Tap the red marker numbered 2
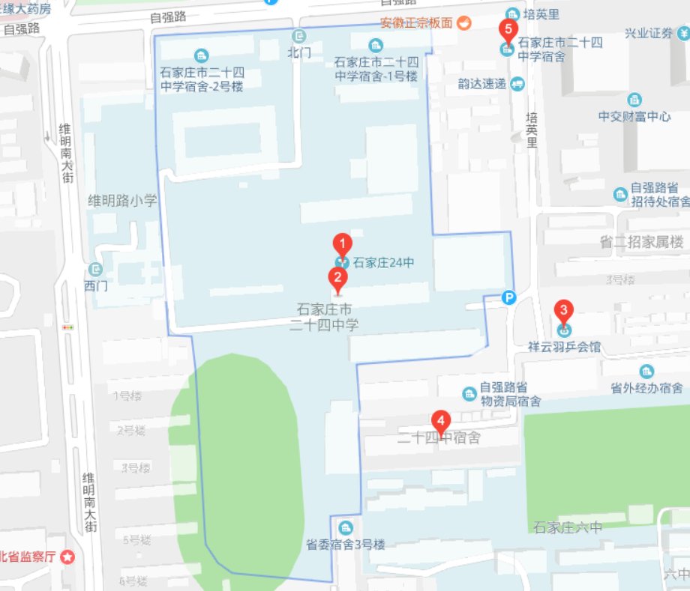tap(338, 279)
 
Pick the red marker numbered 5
tap(508, 31)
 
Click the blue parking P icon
tap(509, 297)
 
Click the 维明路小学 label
tap(122, 200)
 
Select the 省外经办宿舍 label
tap(646, 387)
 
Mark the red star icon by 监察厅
tap(67, 557)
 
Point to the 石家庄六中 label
tap(568, 527)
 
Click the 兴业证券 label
tap(649, 33)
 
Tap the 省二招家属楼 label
tap(642, 241)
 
